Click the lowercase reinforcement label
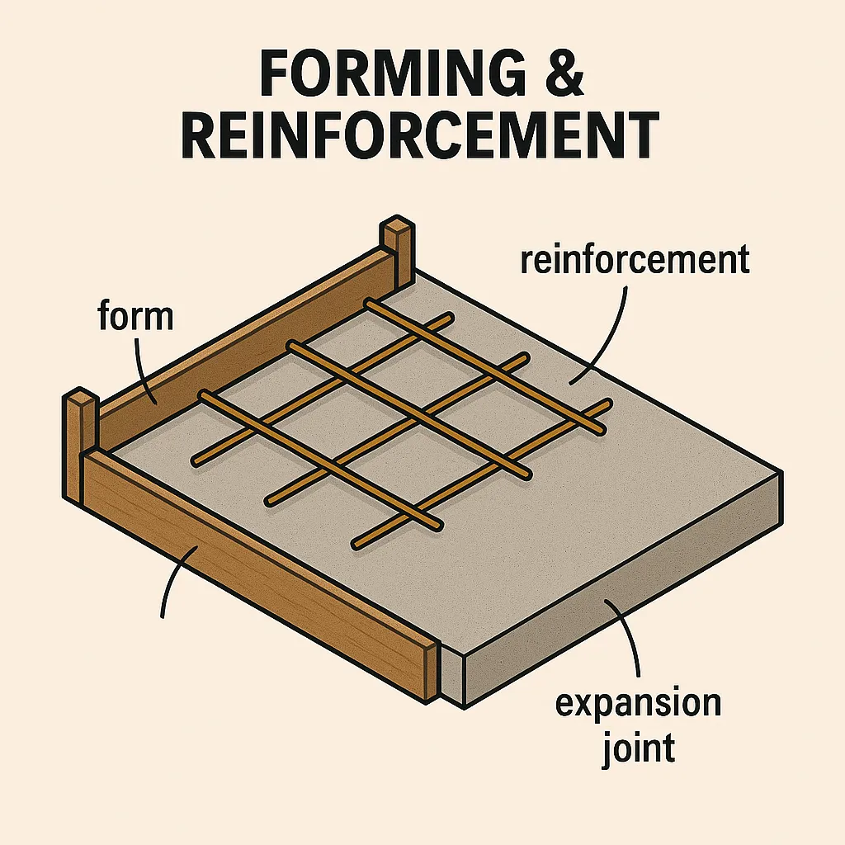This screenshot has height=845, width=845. pos(635,259)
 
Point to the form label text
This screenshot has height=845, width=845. pos(136,316)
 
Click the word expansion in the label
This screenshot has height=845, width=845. pos(638,704)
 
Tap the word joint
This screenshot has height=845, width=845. pos(639,748)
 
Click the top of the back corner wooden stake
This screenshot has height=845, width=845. pos(397,225)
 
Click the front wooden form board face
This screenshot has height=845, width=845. pos(253,571)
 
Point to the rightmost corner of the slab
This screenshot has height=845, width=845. pos(781,472)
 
